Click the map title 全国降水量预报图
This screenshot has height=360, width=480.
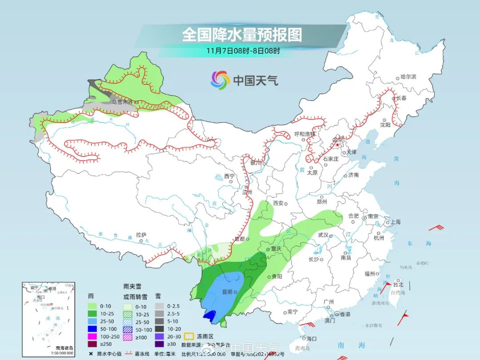(242, 35)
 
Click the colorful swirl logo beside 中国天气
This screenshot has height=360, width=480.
(220, 80)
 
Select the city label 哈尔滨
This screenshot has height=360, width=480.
(408, 77)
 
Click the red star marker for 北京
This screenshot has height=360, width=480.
(337, 144)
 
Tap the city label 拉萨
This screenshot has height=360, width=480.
(141, 234)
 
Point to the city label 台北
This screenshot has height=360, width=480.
(398, 284)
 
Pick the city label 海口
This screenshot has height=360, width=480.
(311, 339)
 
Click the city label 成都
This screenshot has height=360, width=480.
(239, 239)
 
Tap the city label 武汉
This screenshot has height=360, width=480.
(323, 235)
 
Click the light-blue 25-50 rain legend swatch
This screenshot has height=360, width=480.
(92, 321)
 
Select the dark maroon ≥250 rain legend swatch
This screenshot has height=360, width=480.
(92, 344)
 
